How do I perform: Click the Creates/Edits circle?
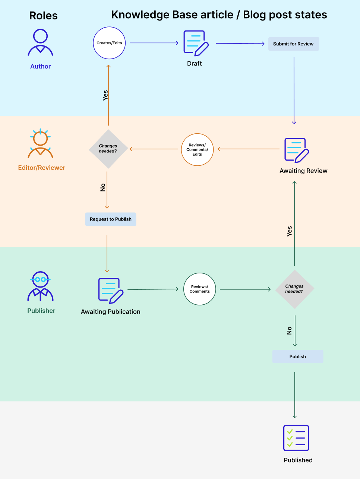point(109,43)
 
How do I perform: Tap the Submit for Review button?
point(294,44)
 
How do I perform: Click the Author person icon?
point(40,42)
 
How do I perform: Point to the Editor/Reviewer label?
point(42,168)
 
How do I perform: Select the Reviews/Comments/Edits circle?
point(197,149)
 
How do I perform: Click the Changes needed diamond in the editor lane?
point(108,149)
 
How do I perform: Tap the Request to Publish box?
point(111,219)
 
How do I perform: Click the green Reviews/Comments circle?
point(200,289)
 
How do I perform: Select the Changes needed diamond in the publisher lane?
point(294,289)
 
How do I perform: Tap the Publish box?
point(297,356)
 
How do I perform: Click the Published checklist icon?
point(296,438)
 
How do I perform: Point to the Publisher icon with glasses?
point(40,286)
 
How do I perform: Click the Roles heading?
point(44,16)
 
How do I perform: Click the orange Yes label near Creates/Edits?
point(105,95)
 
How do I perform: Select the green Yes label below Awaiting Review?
point(290,231)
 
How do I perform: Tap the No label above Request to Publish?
point(103,187)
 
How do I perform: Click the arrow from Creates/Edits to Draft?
point(154,43)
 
